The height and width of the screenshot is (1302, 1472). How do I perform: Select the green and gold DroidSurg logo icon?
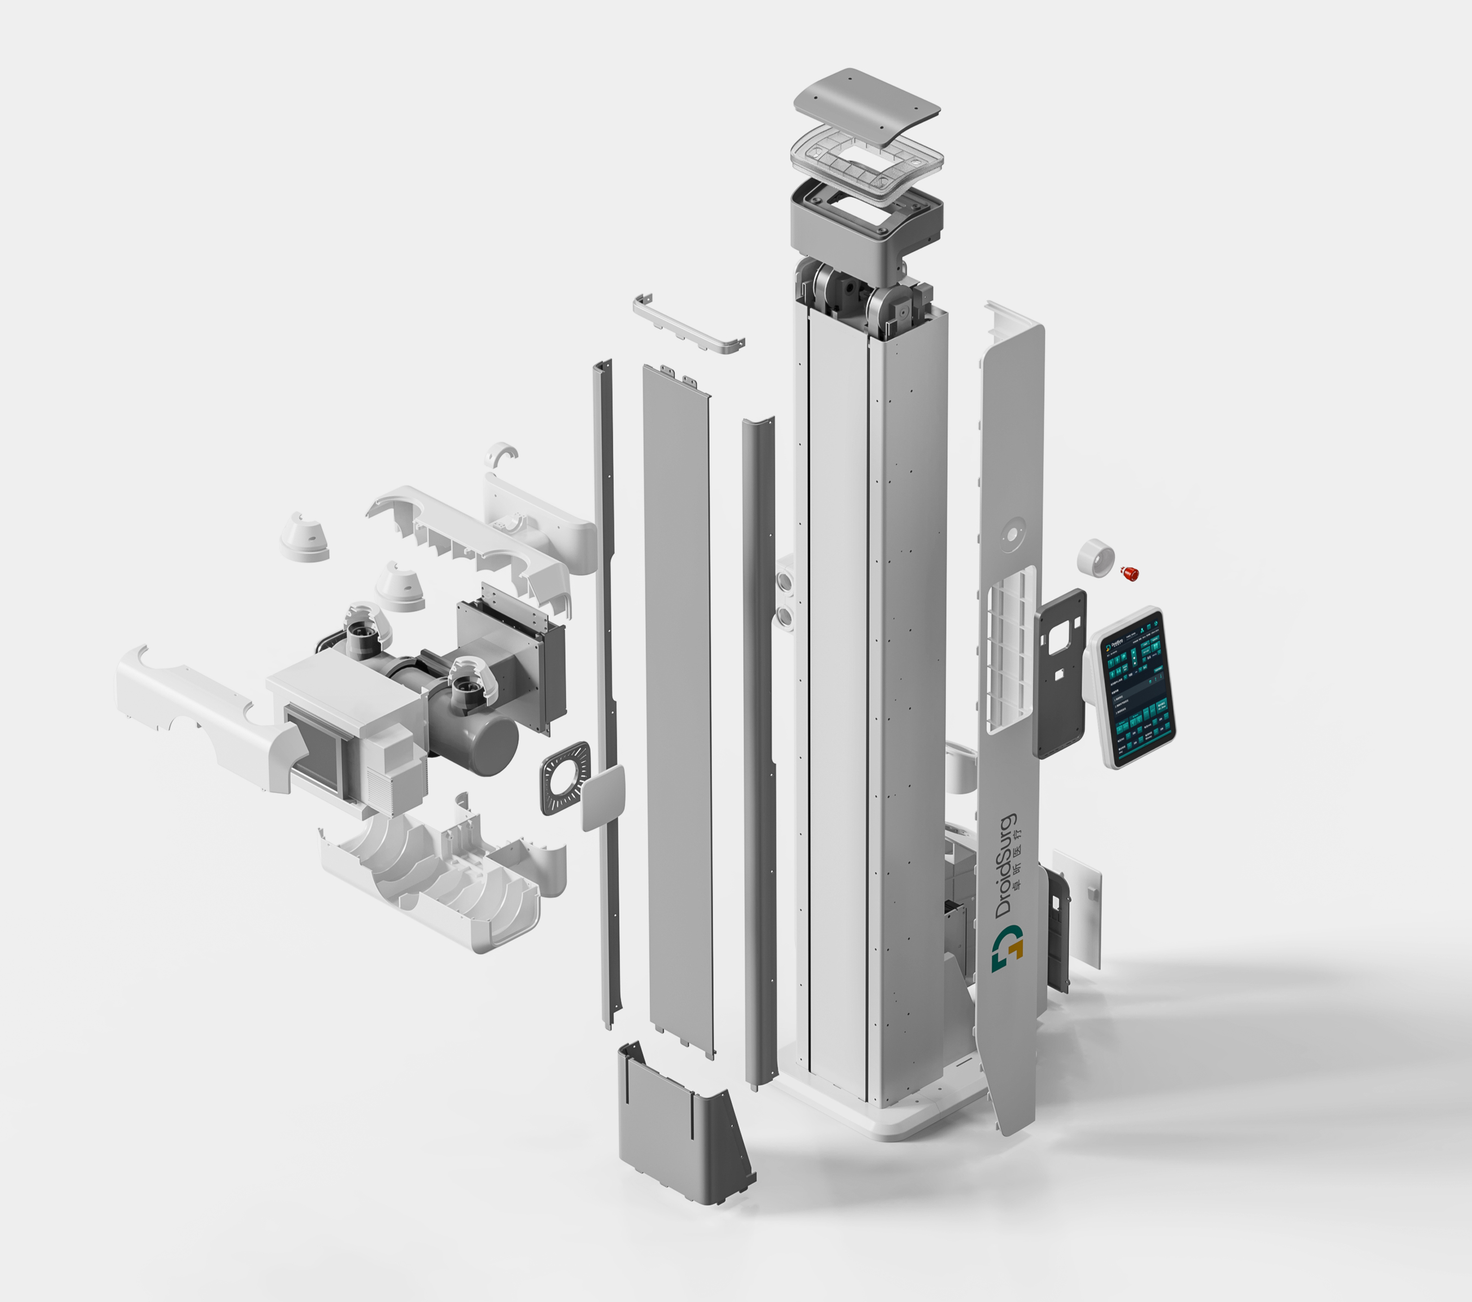(1007, 949)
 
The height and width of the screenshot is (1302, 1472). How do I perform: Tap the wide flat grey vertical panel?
(677, 706)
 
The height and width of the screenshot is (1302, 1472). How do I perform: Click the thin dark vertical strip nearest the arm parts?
(606, 691)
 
